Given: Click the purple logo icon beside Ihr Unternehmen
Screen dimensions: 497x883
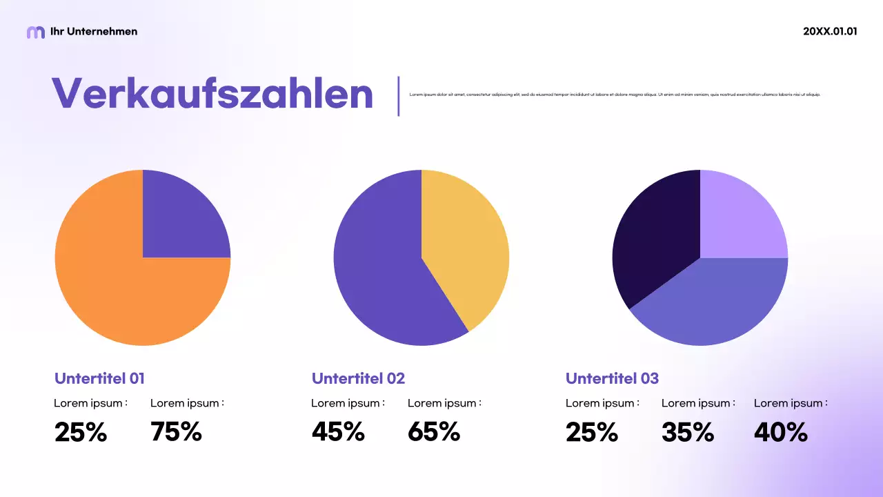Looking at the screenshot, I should point(35,32).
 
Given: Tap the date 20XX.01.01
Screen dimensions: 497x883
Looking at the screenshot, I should point(830,31).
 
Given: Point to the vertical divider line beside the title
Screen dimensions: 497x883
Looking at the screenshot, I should point(399,96).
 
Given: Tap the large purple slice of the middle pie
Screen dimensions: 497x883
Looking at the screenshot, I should point(386,276).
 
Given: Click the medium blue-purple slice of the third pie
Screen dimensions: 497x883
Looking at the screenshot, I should point(717,304).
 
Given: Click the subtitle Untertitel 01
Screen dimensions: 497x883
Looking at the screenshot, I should point(99,378).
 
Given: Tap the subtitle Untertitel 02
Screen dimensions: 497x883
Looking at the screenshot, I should point(358,378).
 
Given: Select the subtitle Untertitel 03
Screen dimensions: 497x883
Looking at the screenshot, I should point(612,378).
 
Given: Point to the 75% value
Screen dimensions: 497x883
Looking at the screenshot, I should point(176,432).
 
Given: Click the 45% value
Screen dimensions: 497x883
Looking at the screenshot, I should point(338,432).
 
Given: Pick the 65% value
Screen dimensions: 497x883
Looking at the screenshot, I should point(434,432).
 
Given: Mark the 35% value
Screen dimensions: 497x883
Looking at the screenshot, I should point(688,432).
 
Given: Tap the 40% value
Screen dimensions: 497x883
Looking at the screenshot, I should point(780,432).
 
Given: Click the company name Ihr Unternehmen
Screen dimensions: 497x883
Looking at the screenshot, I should point(94,31).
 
